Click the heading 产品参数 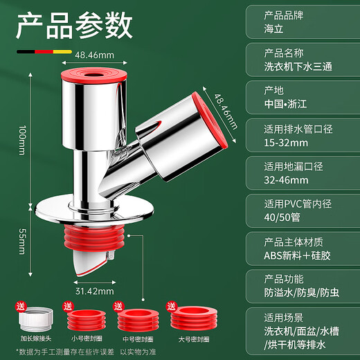point(74,26)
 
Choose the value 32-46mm point(287,180)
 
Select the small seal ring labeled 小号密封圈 point(86,322)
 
